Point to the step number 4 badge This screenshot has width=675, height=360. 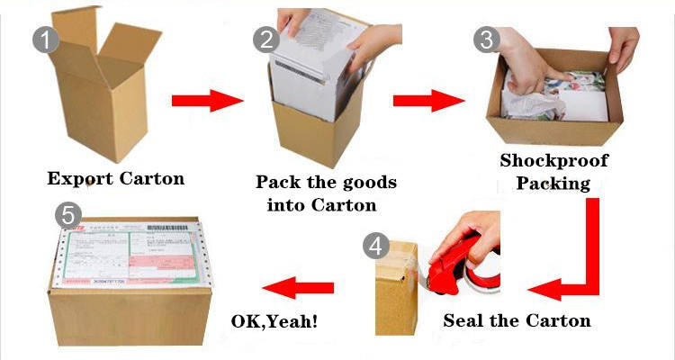pos(377,246)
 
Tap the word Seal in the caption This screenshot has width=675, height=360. pos(463,320)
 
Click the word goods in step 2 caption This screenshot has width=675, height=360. pos(365,183)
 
